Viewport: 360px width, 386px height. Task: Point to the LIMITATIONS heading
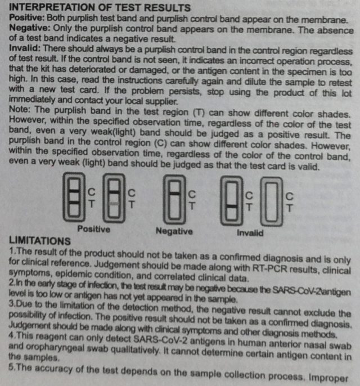tap(39, 241)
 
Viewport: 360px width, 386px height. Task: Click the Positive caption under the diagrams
tap(93, 230)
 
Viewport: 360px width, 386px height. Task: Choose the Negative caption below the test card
tap(173, 231)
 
